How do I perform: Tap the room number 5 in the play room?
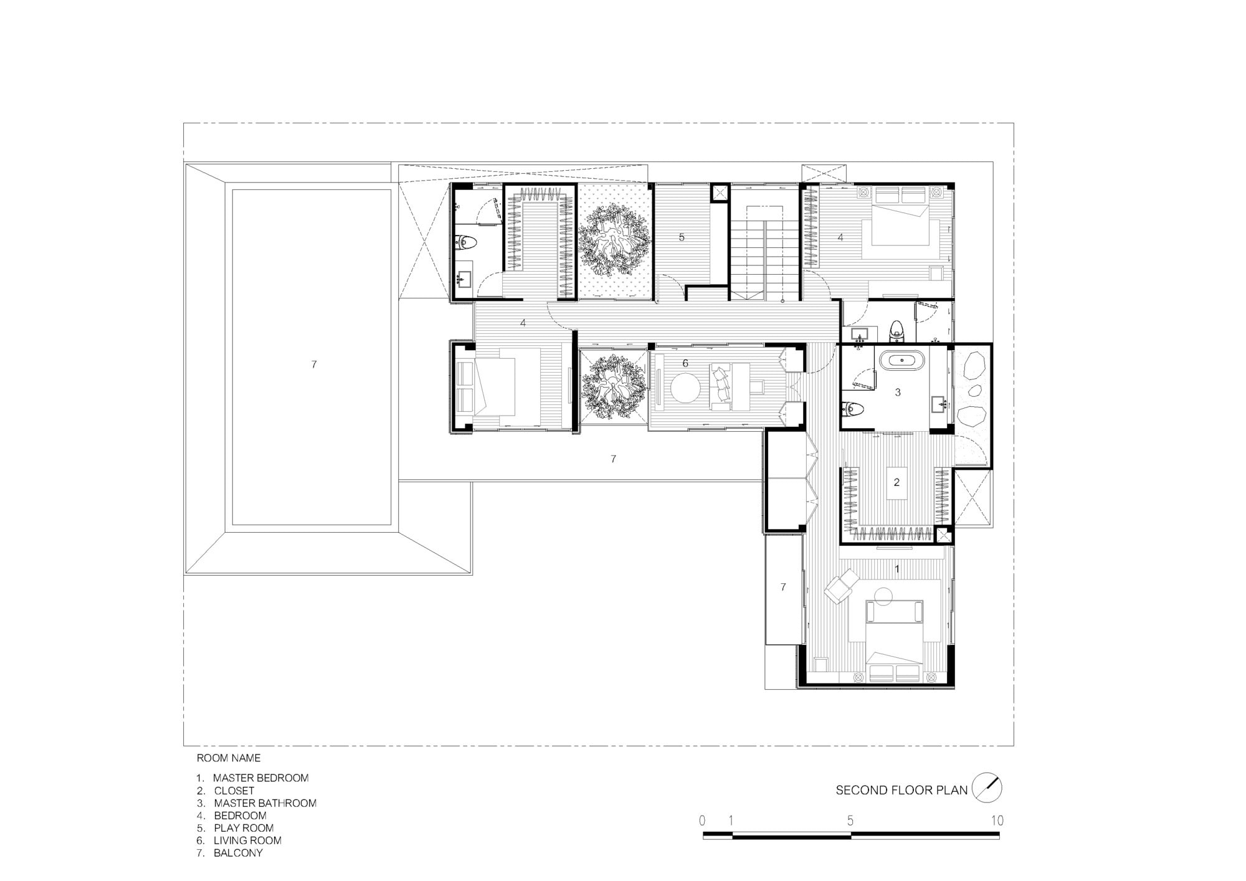(x=682, y=237)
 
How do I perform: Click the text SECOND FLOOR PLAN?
(x=901, y=790)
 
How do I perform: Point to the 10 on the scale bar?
(x=997, y=820)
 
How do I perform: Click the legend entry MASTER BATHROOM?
(x=265, y=803)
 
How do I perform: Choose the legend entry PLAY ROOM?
(x=244, y=828)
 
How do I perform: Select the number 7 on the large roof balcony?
(x=314, y=364)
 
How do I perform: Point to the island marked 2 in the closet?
(x=896, y=482)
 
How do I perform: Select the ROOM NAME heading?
(x=229, y=758)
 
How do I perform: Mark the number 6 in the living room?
(x=685, y=363)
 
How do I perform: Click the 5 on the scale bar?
(x=850, y=820)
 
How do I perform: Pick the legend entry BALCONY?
(x=238, y=853)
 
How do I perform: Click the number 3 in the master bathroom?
(x=898, y=393)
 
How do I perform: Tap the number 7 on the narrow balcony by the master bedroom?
(x=783, y=587)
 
